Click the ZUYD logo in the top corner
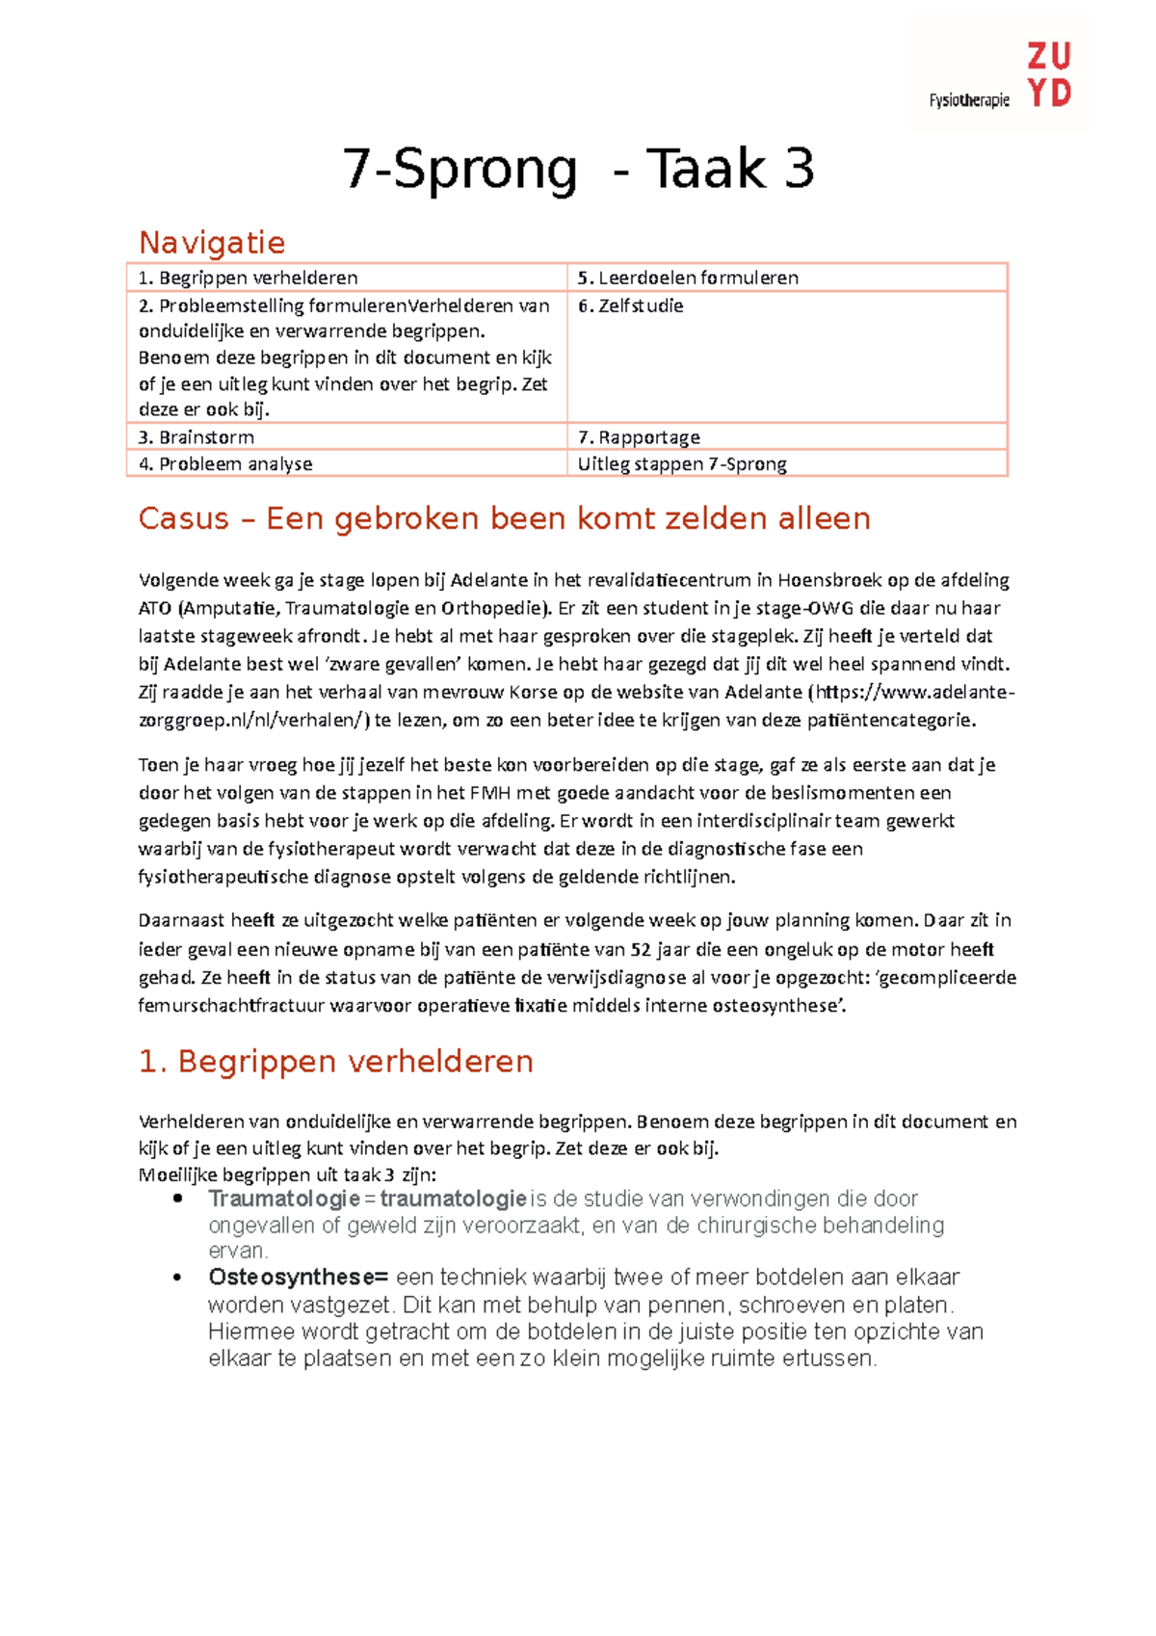[x=1048, y=74]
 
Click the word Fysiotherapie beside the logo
[x=969, y=100]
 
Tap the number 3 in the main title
[x=799, y=169]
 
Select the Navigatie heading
[x=212, y=242]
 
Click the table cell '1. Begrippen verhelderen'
[x=249, y=277]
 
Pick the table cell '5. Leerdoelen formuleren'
[x=688, y=277]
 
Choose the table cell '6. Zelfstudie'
[x=631, y=305]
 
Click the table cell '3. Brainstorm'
[x=197, y=437]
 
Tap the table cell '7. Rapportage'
[x=639, y=437]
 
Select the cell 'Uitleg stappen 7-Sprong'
[x=682, y=464]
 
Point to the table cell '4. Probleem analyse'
[x=225, y=464]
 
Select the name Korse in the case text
[x=533, y=692]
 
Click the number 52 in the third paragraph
[x=641, y=949]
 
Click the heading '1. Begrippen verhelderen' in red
[x=336, y=1061]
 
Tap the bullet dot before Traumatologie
[x=177, y=1200]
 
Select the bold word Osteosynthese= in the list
[x=298, y=1278]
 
